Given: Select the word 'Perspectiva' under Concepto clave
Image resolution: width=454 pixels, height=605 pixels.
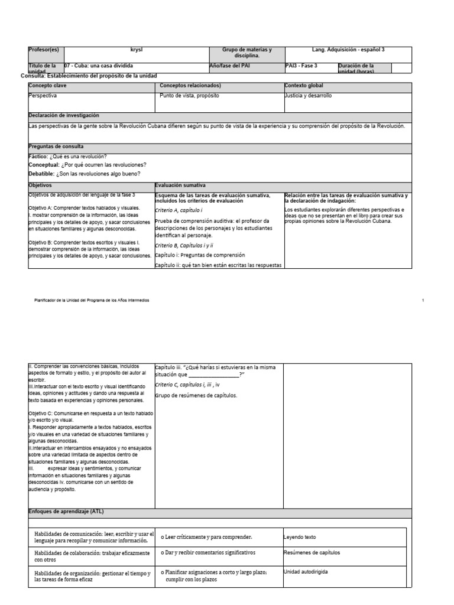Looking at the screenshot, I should (43, 95).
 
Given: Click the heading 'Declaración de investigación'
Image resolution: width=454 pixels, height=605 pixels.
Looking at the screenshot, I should (64, 115).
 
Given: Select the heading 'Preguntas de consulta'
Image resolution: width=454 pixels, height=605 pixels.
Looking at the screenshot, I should (56, 146).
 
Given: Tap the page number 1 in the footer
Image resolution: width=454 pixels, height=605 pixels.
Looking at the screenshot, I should (424, 301).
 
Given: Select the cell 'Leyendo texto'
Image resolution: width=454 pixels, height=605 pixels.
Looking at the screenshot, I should (300, 537).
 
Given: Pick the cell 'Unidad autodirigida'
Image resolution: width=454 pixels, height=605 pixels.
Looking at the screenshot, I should (306, 572).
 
